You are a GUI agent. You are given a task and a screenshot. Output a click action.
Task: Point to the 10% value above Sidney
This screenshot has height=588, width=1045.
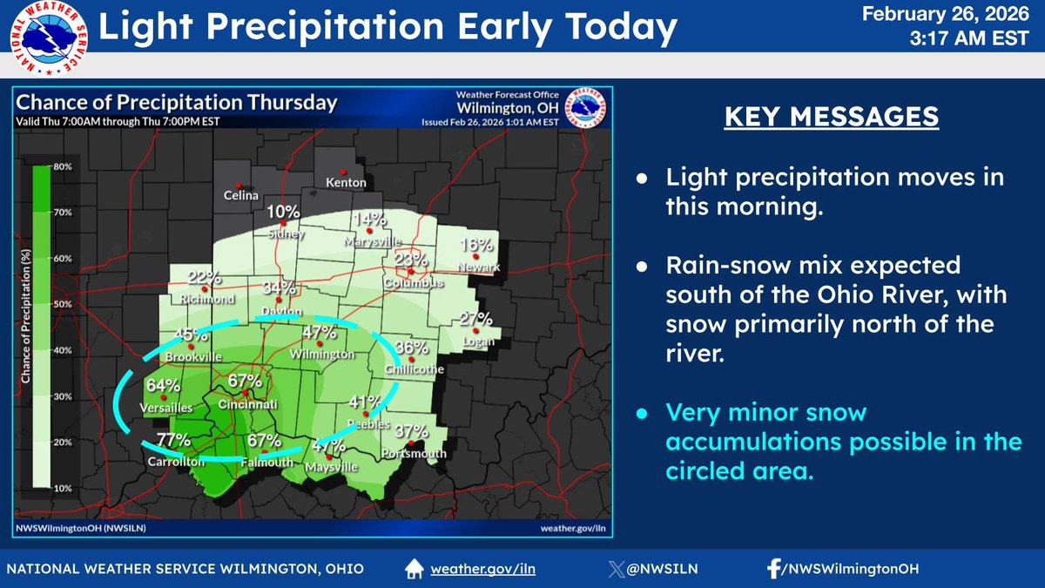pos(284,212)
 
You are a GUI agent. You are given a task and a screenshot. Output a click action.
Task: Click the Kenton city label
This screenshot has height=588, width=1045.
pos(346,183)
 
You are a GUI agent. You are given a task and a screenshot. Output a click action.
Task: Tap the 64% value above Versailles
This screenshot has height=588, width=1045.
pos(163,386)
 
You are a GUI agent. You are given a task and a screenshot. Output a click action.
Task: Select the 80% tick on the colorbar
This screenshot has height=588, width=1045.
pos(63,166)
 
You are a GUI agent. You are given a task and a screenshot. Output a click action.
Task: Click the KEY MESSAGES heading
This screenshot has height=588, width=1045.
pos(832,117)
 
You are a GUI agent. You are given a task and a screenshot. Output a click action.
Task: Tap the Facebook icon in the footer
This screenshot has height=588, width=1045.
pos(772,569)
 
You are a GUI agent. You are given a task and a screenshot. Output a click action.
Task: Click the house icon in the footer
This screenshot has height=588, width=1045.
pos(415,569)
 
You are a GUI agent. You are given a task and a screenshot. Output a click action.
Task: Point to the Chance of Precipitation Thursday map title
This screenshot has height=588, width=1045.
pos(177,102)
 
